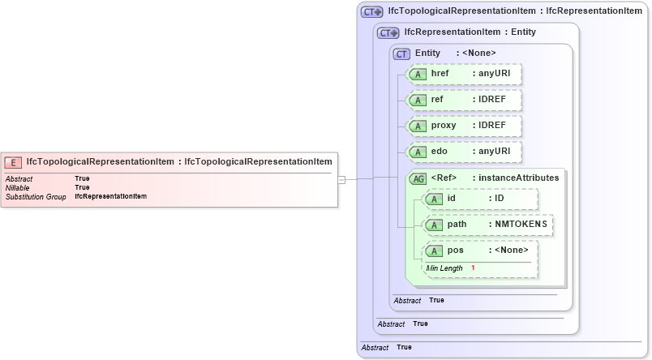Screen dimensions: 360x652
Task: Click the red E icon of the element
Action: coord(13,161)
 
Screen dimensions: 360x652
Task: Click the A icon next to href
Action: coord(418,75)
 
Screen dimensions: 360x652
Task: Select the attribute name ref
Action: coord(436,100)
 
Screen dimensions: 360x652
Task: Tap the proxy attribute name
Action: coord(443,126)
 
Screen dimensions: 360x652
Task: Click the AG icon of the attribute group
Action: coord(418,178)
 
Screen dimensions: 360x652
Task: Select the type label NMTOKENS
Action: coord(519,225)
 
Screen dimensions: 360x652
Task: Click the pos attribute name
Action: coord(455,251)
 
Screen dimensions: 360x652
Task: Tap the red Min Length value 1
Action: coord(473,268)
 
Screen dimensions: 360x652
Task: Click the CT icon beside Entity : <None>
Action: coord(401,54)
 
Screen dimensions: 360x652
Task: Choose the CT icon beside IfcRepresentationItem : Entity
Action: coord(388,32)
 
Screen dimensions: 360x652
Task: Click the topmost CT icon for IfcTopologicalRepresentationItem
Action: coord(371,11)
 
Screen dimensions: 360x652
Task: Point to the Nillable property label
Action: coord(17,187)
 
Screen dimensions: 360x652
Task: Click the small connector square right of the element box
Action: coord(341,179)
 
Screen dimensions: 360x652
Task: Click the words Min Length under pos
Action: coord(444,268)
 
